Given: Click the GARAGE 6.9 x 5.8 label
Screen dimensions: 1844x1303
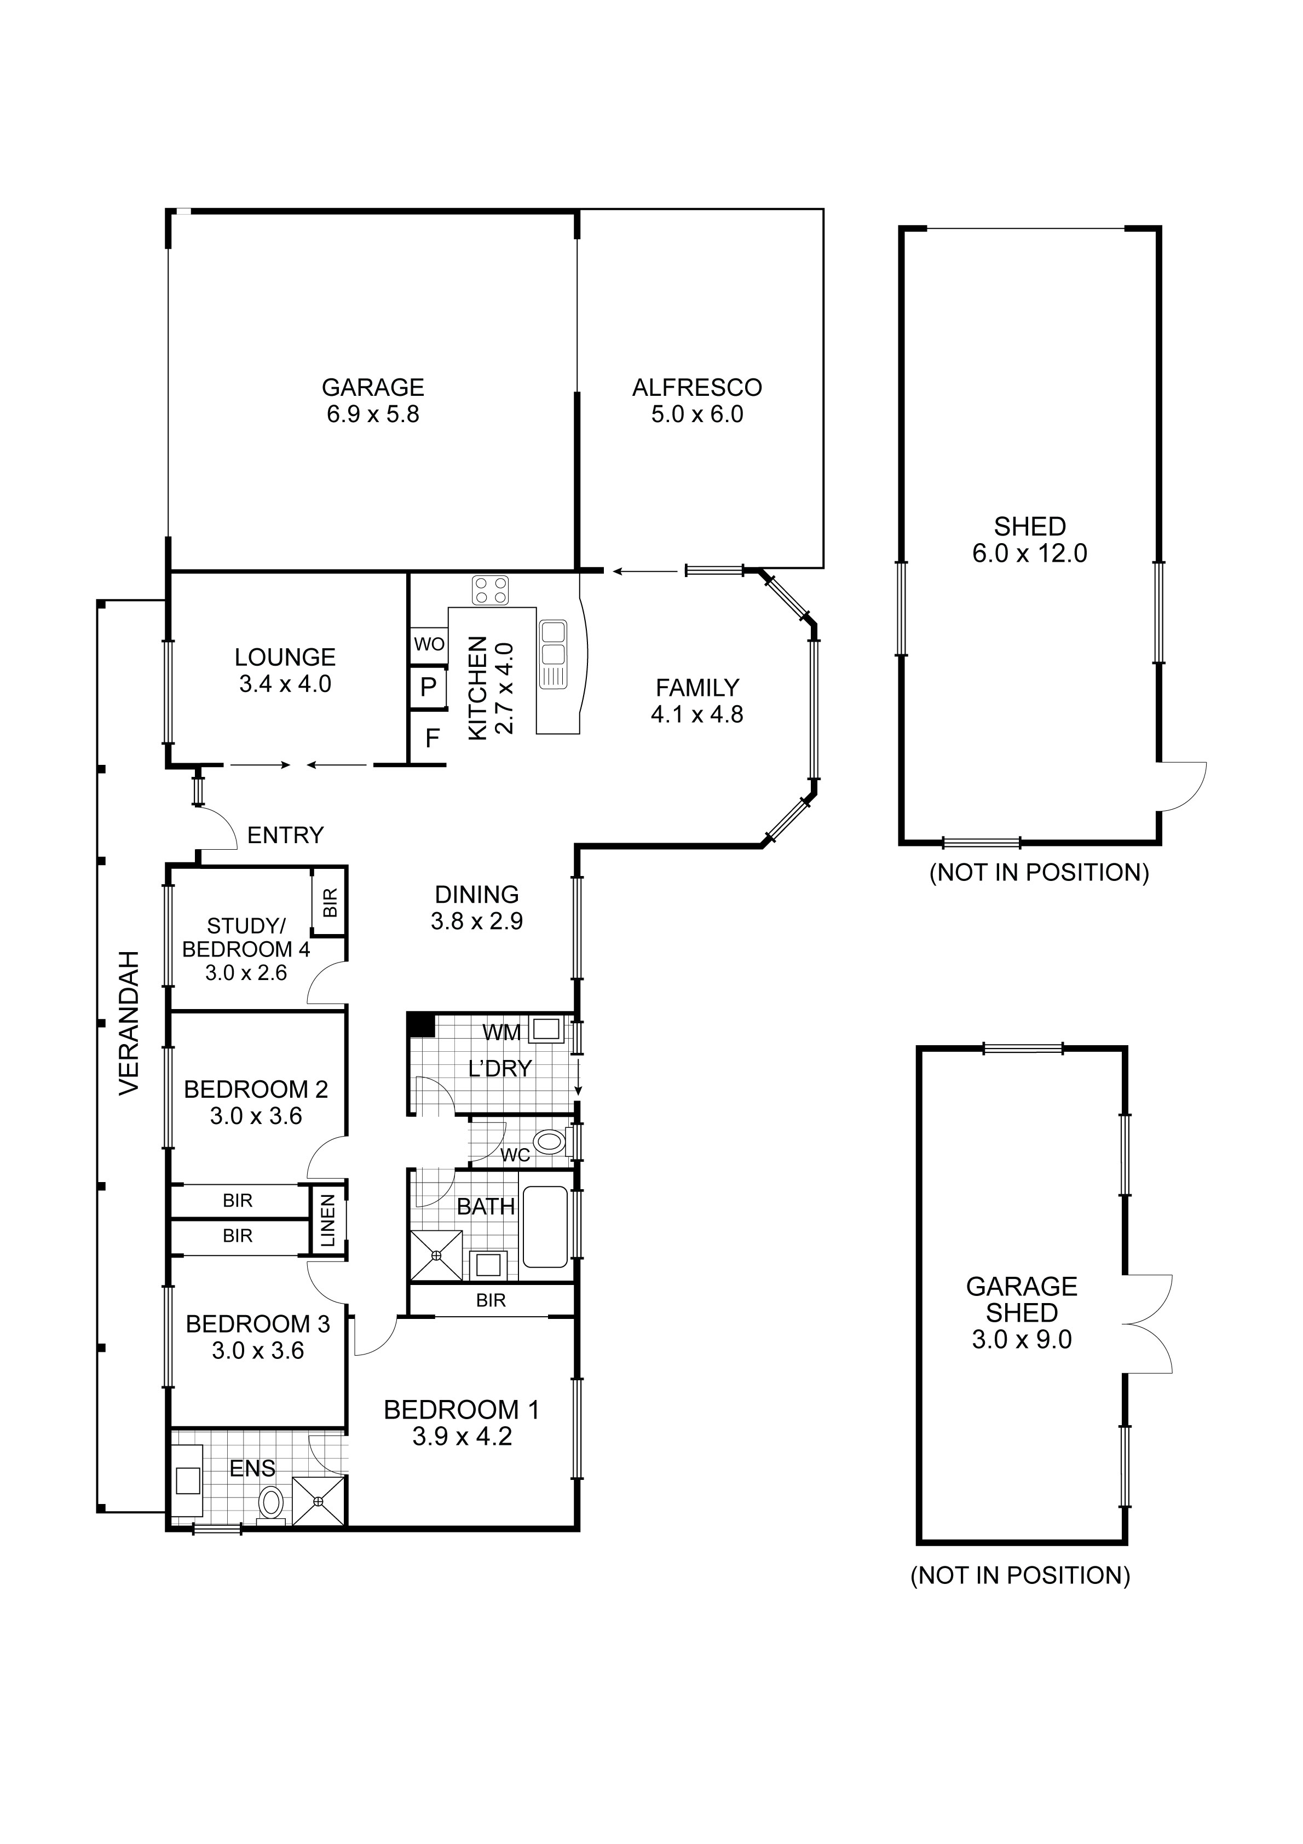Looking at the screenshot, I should coord(373,401).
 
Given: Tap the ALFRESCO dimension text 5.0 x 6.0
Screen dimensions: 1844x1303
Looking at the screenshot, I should coord(696,414).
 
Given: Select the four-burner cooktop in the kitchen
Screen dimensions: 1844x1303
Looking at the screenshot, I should coord(490,590).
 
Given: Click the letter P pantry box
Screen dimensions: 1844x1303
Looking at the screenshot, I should coord(428,688).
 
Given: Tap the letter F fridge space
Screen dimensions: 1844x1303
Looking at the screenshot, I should coord(432,738).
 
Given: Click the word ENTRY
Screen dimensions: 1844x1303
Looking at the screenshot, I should coord(285,835).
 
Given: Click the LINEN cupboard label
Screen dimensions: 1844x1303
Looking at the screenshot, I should coord(328,1221).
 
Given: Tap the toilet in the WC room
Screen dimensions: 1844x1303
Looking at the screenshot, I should coord(548,1141).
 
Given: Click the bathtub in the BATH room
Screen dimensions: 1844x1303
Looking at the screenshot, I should coord(545,1226).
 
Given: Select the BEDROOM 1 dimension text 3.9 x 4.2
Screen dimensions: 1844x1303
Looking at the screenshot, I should coord(462,1436).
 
